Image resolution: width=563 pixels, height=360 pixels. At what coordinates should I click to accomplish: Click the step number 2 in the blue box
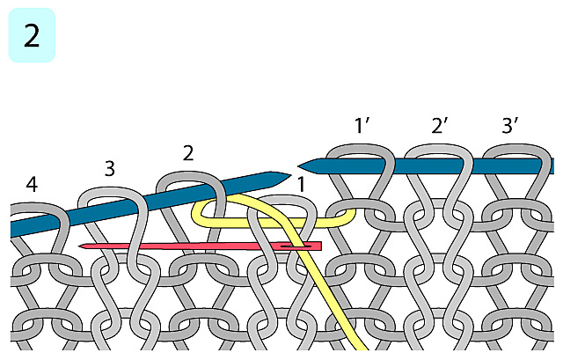32,36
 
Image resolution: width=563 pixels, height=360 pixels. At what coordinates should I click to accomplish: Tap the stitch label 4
32,185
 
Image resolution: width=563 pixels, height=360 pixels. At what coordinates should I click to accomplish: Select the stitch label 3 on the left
109,168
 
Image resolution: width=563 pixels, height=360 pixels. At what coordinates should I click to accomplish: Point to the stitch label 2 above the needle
188,151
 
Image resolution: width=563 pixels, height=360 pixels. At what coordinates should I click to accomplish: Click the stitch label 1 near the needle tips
301,185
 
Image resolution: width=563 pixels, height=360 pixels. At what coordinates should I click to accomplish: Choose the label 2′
440,126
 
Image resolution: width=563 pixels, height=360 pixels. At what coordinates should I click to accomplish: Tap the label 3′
510,126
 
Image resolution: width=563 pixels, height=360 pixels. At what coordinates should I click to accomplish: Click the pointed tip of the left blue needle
289,174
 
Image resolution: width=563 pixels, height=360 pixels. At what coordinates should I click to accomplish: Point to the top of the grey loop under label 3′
512,150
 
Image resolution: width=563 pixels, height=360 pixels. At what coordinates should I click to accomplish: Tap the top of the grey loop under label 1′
361,150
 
